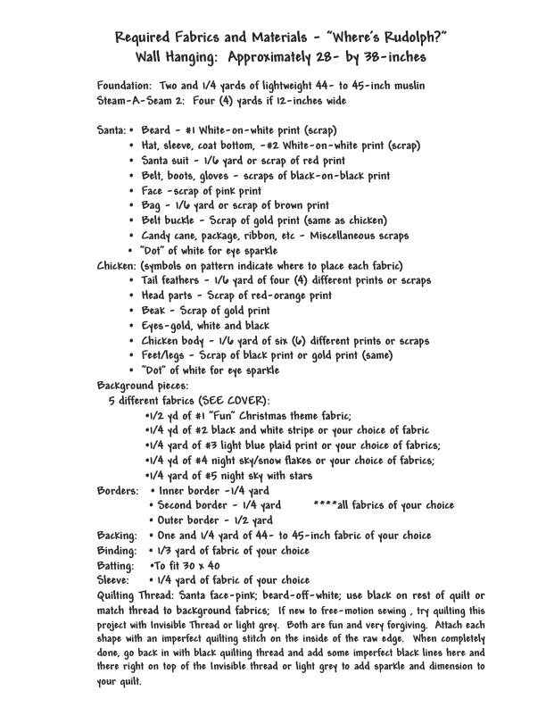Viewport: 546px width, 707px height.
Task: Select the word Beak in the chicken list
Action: (x=155, y=311)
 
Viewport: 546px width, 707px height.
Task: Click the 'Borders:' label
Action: (x=118, y=491)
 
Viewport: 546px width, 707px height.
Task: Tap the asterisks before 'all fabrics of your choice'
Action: (x=326, y=505)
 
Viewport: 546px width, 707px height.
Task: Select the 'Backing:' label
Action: (x=116, y=536)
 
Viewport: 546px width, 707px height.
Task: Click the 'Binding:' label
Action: (x=116, y=551)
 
